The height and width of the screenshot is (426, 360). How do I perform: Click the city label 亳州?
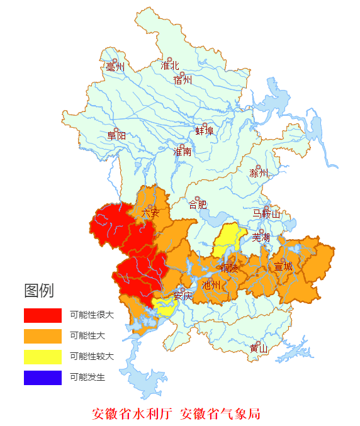pyautogui.click(x=115, y=67)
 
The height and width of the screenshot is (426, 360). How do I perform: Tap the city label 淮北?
pyautogui.click(x=169, y=65)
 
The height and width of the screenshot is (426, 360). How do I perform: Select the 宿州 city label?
pyautogui.click(x=182, y=80)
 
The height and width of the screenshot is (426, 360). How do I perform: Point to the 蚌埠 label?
pyautogui.click(x=205, y=131)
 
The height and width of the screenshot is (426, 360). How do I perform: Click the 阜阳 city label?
pyautogui.click(x=116, y=135)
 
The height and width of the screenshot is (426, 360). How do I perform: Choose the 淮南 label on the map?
pyautogui.click(x=183, y=152)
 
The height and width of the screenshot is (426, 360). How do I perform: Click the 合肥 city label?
pyautogui.click(x=198, y=204)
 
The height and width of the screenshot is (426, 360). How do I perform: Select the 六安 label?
pyautogui.click(x=150, y=213)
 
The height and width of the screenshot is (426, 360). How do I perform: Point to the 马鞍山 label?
pyautogui.click(x=266, y=214)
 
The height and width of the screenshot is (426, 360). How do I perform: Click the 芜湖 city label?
pyautogui.click(x=261, y=237)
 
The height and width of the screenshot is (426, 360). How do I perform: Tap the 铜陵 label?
pyautogui.click(x=229, y=267)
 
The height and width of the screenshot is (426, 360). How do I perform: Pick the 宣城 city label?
pyautogui.click(x=283, y=266)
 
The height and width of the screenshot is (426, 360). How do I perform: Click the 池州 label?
pyautogui.click(x=211, y=284)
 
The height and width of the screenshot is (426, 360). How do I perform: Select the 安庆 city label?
pyautogui.click(x=183, y=296)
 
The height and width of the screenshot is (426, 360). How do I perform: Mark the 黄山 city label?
pyautogui.click(x=258, y=348)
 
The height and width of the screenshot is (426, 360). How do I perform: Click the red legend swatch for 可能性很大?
pyautogui.click(x=43, y=315)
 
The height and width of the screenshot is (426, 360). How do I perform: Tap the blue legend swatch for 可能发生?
pyautogui.click(x=43, y=378)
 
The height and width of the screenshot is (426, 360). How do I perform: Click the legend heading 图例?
pyautogui.click(x=39, y=291)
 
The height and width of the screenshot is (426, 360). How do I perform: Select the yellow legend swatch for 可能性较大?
pyautogui.click(x=43, y=357)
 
